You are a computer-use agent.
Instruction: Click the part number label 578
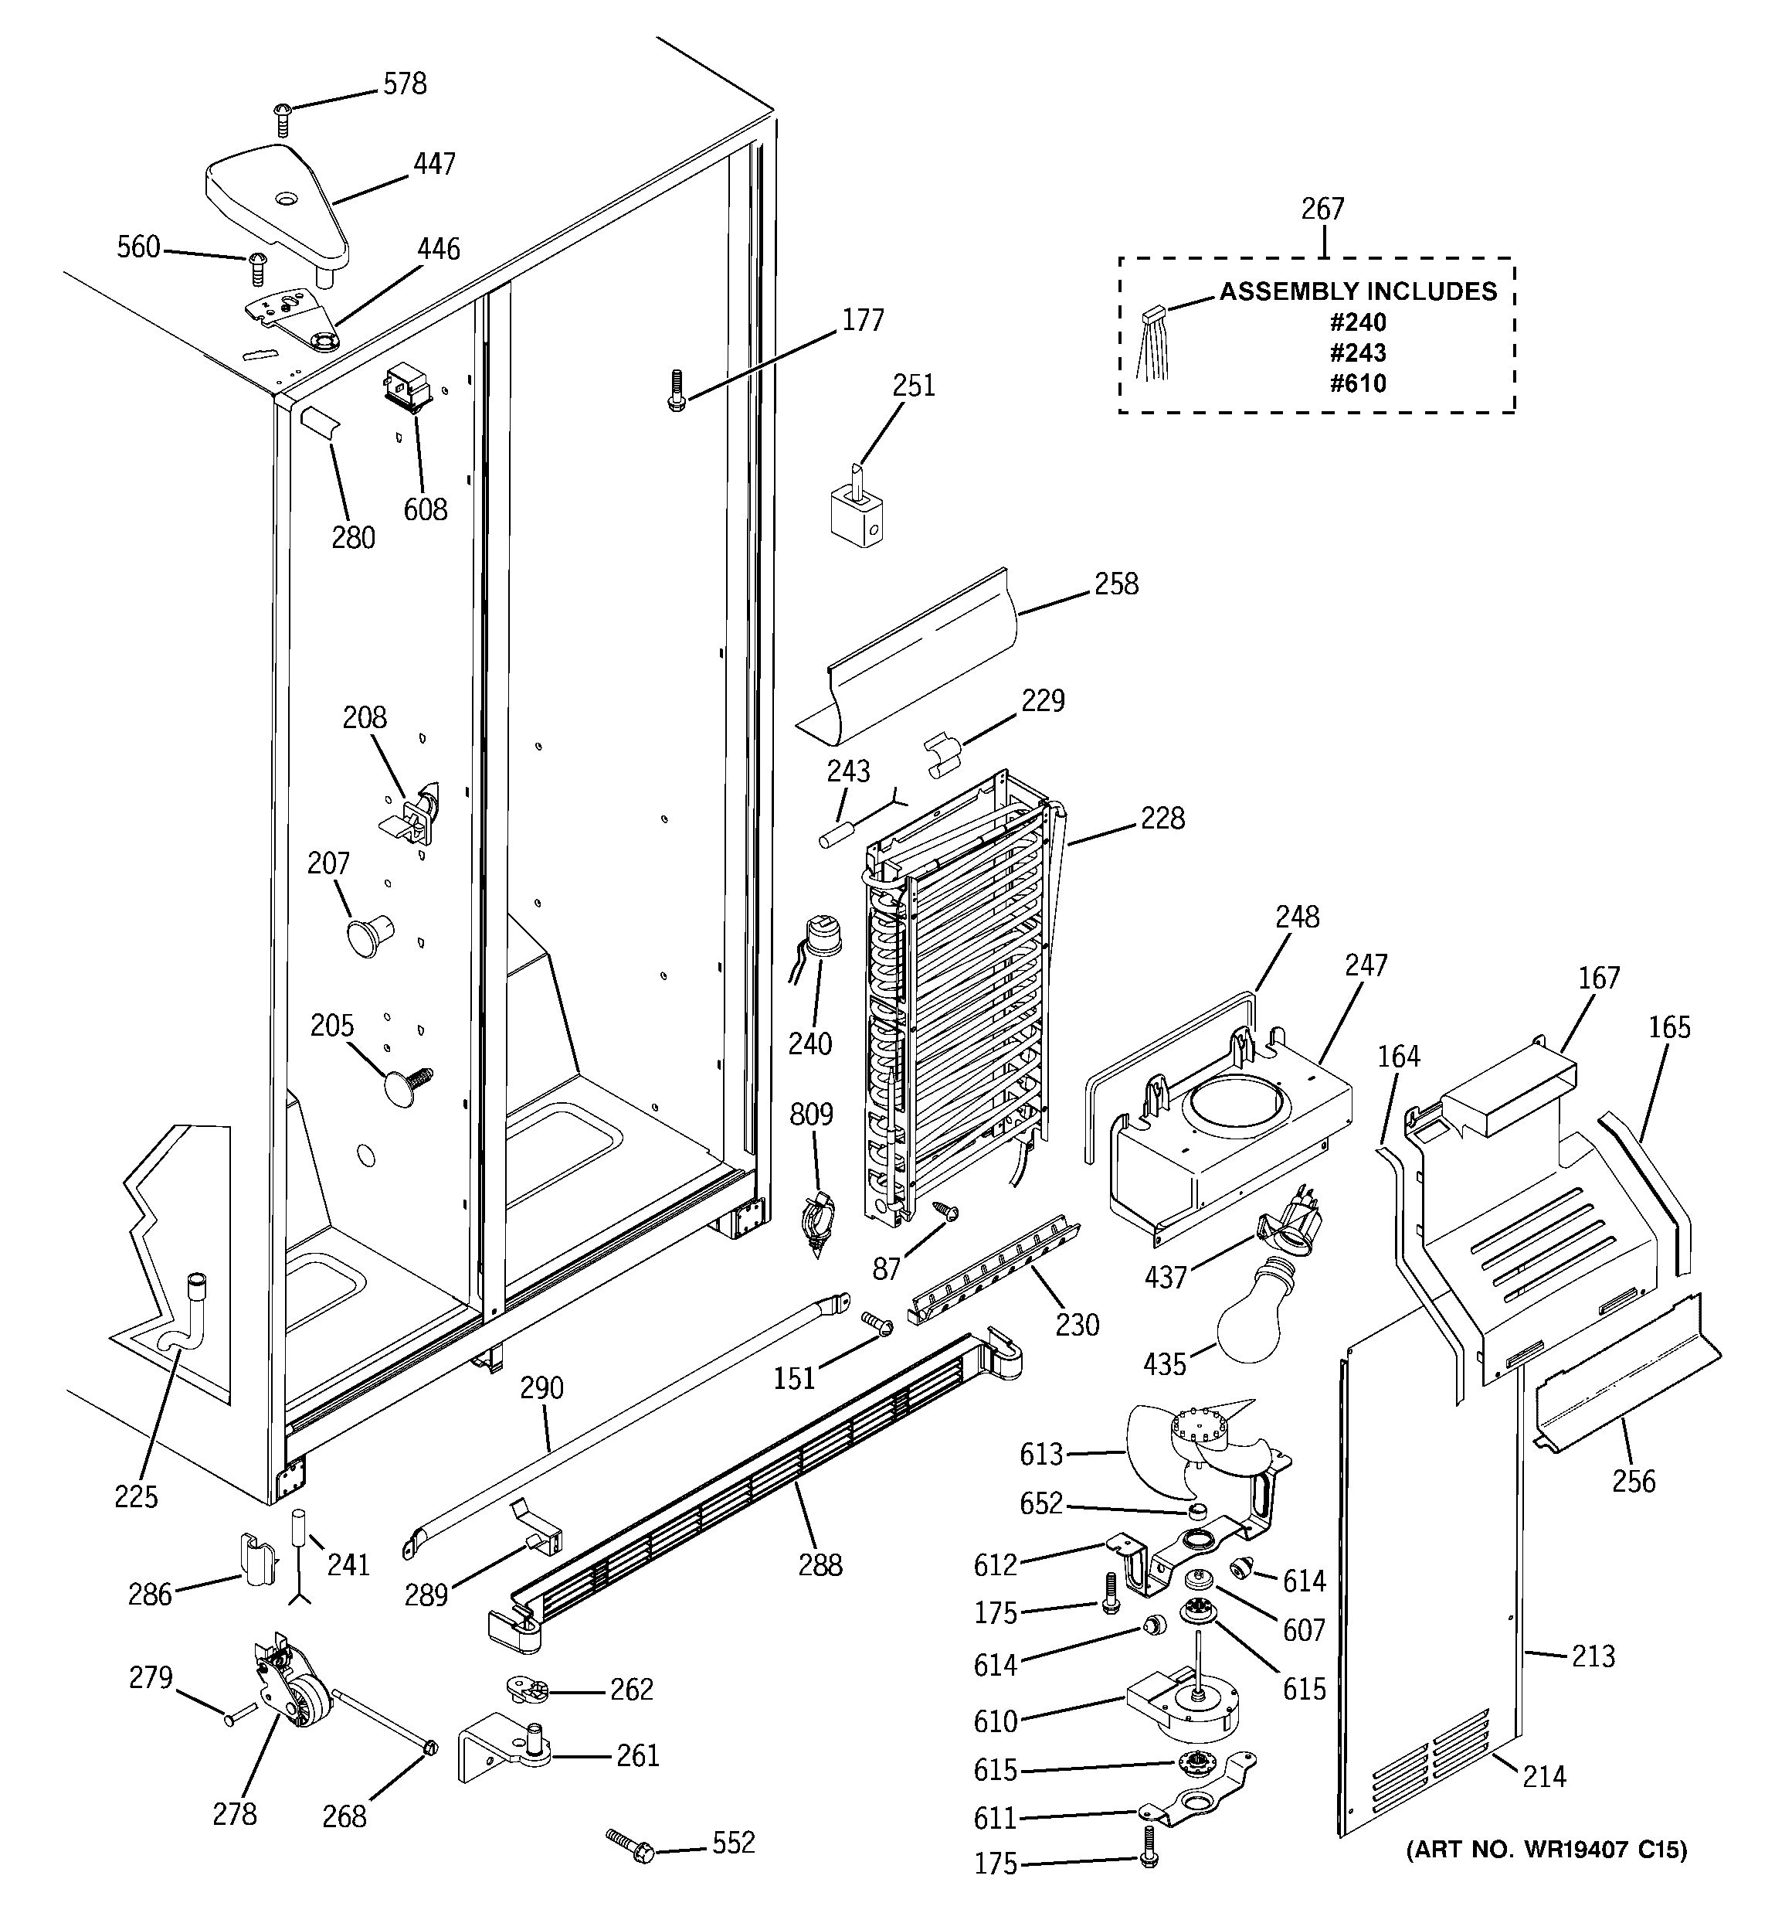(x=404, y=85)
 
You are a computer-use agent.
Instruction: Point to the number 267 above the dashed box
(x=1322, y=209)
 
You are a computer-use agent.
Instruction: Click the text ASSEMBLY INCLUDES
(x=1358, y=291)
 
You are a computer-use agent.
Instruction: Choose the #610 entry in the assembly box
(x=1358, y=384)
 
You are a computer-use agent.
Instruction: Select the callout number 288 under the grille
(x=820, y=1566)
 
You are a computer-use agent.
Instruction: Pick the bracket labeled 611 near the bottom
(x=1197, y=1799)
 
